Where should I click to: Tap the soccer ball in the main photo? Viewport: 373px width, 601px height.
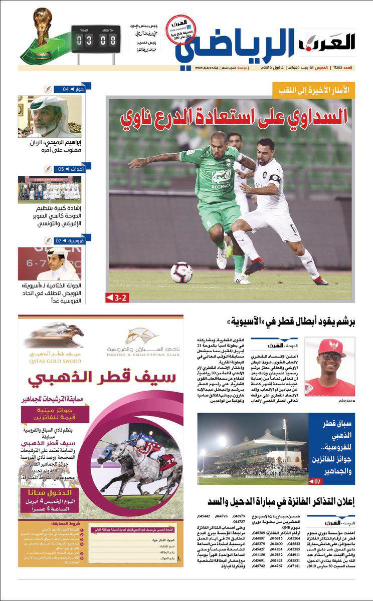click(x=181, y=272)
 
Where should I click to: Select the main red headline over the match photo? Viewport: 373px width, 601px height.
click(x=235, y=119)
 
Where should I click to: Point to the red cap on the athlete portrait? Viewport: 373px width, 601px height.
click(x=330, y=346)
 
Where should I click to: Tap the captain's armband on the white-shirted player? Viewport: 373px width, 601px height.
click(x=275, y=178)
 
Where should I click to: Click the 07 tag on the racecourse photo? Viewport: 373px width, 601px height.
click(x=316, y=481)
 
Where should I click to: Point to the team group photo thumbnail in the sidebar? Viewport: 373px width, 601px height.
click(x=49, y=189)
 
